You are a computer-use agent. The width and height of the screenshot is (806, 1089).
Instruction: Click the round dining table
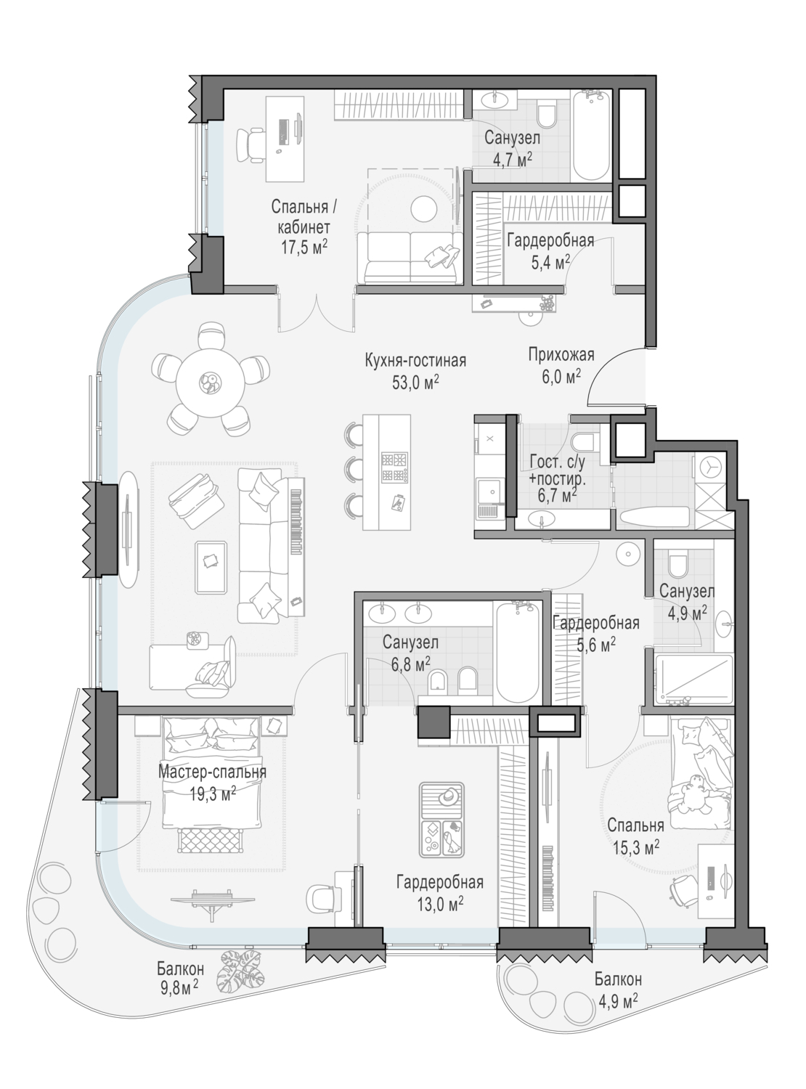coord(211,383)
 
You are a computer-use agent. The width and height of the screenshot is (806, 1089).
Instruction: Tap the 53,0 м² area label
coord(415,383)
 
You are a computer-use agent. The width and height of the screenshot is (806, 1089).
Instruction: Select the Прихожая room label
coord(561,354)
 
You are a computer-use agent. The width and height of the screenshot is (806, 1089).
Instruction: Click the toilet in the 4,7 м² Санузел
coord(545,114)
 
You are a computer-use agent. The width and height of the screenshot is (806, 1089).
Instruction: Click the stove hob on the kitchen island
coord(395,467)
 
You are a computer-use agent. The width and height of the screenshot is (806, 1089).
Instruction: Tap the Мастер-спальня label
coord(212,771)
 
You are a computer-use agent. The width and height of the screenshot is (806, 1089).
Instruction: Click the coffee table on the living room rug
coord(211,567)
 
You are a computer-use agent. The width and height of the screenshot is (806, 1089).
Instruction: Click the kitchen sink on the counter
coord(489,491)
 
